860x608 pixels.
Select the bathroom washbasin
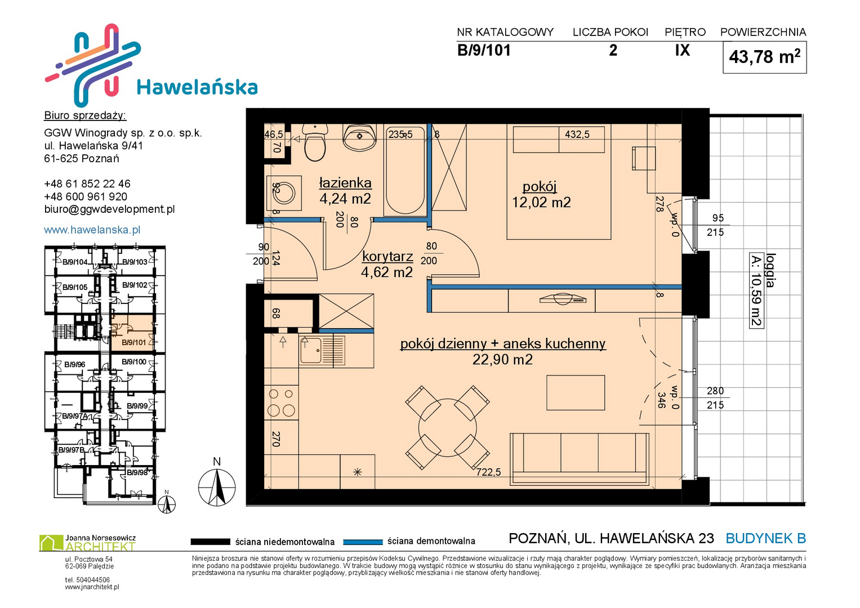click(359, 137)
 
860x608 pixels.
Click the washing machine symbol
click(284, 193)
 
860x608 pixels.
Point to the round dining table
click(448, 427)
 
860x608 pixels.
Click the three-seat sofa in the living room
click(580, 459)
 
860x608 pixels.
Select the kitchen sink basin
click(311, 350)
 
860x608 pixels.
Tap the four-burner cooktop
click(281, 403)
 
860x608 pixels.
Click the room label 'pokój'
click(540, 186)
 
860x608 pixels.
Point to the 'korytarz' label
click(387, 256)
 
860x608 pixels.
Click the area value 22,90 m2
click(502, 360)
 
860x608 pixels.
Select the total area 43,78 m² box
click(764, 57)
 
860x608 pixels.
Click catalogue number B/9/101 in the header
click(484, 50)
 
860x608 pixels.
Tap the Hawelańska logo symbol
click(93, 65)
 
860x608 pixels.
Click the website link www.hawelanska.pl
click(92, 230)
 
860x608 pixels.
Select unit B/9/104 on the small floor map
click(75, 262)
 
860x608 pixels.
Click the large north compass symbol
click(217, 487)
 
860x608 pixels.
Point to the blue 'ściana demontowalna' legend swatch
click(363, 542)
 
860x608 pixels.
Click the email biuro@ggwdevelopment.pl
click(109, 209)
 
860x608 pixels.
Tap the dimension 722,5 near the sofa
click(488, 472)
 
